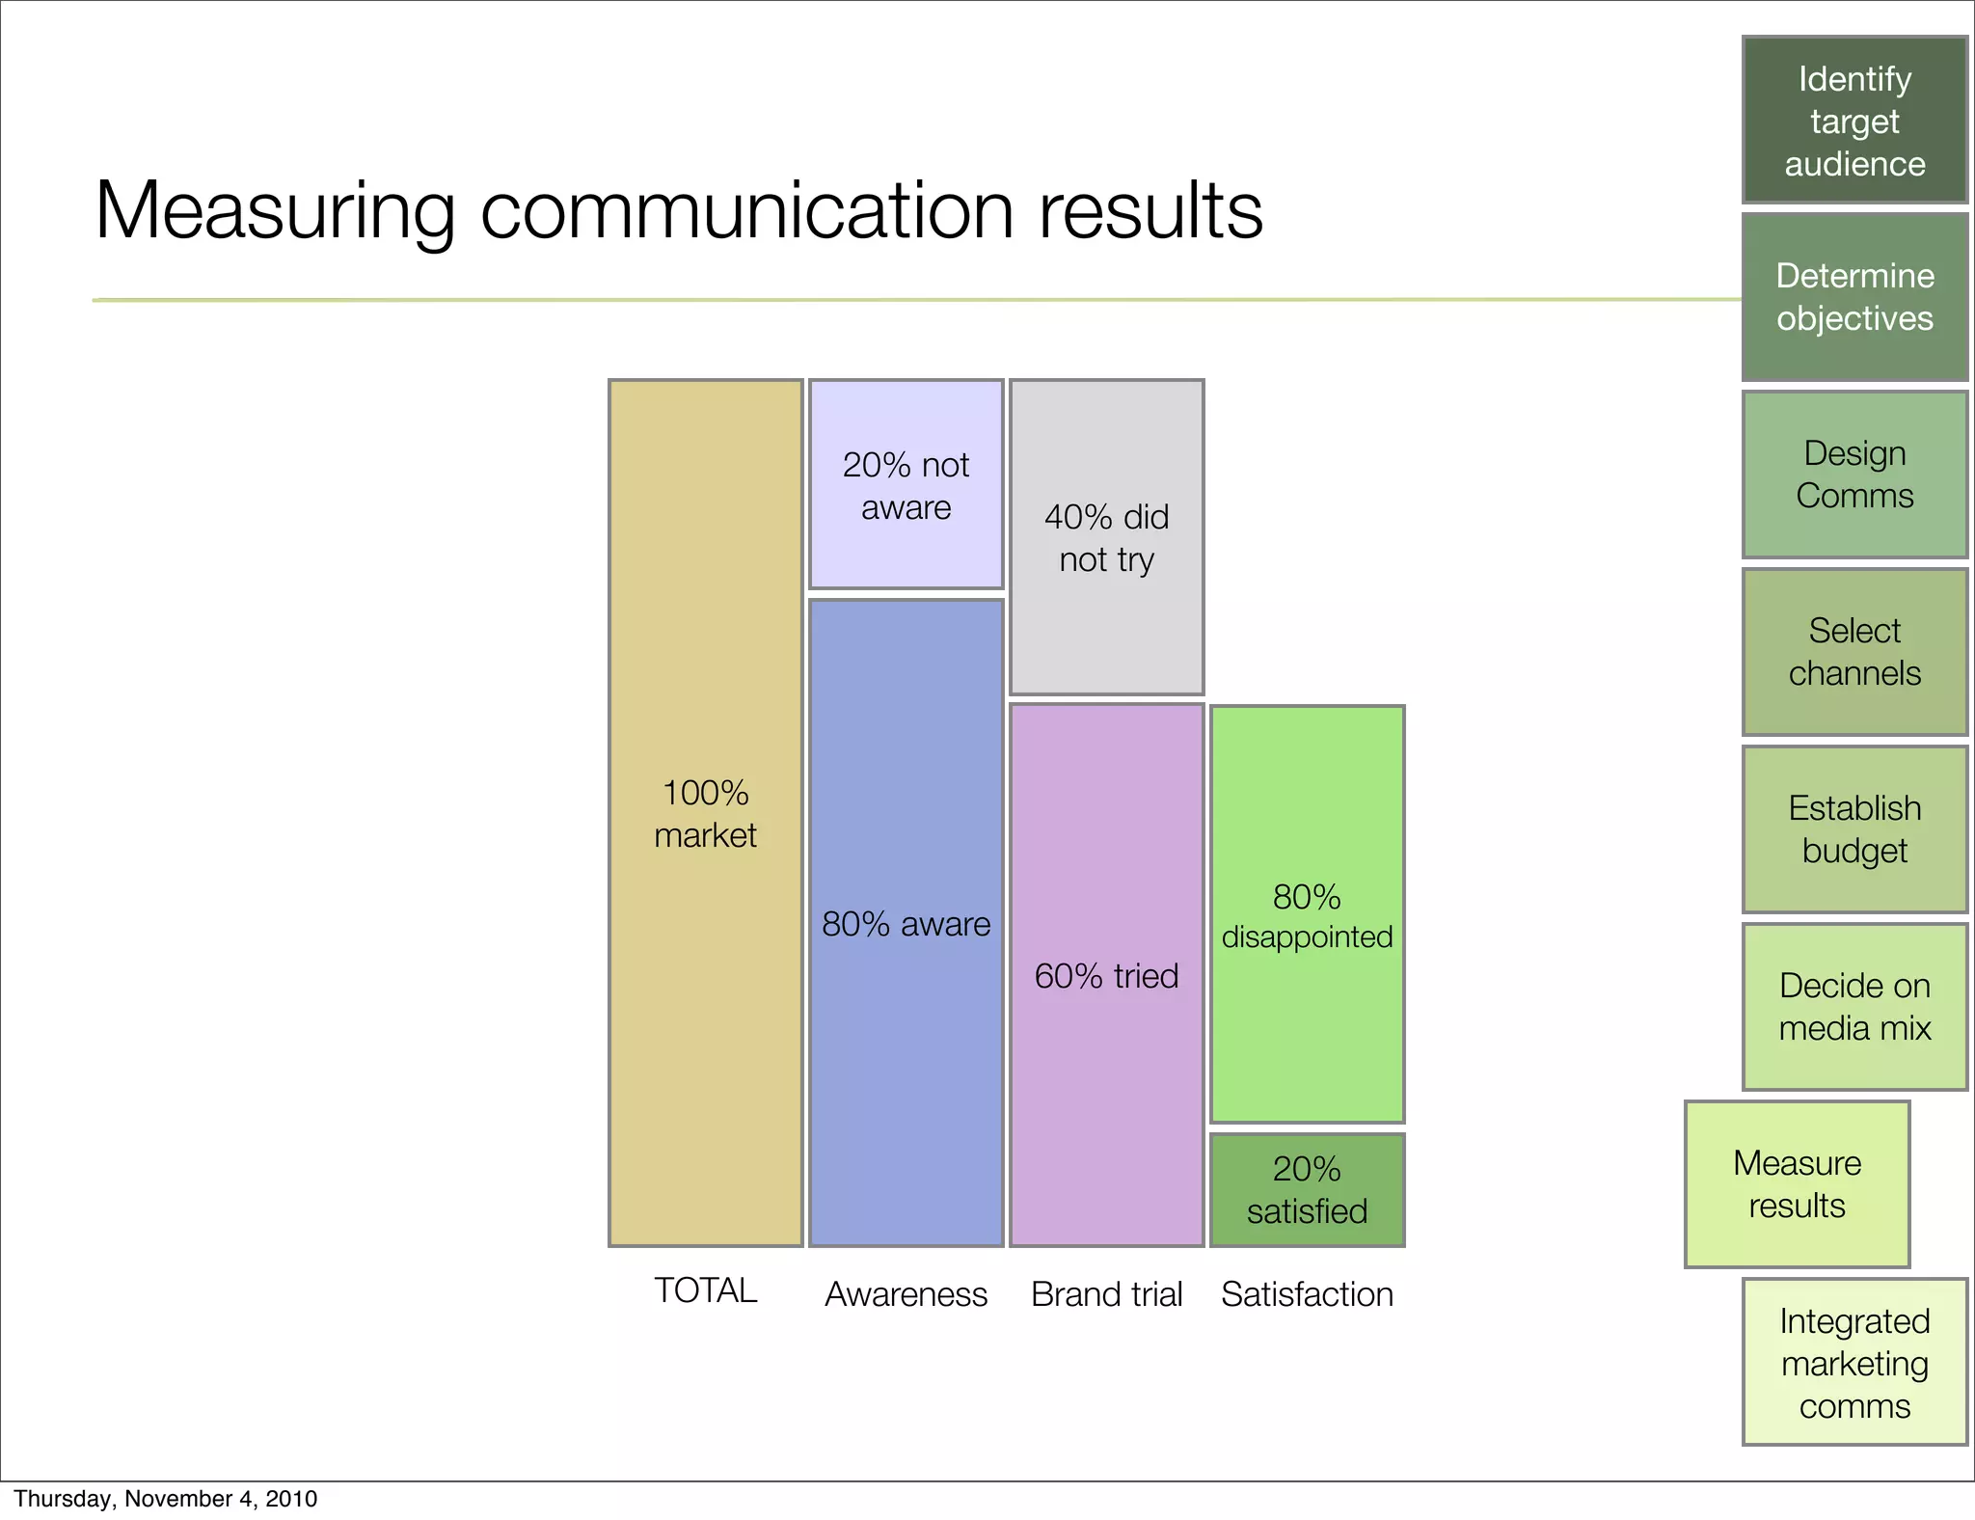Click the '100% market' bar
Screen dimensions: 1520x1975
click(705, 812)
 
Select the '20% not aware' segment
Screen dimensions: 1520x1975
click(906, 484)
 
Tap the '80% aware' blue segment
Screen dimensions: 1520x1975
click(906, 922)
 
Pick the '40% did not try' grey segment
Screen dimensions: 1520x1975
click(1106, 537)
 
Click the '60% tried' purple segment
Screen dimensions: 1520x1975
click(1106, 974)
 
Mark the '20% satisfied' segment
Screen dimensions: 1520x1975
click(1307, 1189)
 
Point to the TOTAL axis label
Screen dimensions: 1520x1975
click(705, 1290)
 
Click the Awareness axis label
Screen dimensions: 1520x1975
click(906, 1294)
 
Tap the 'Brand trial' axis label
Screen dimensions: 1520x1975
click(1106, 1294)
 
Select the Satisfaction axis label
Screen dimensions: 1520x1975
click(1307, 1294)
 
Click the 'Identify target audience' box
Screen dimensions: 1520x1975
click(1854, 121)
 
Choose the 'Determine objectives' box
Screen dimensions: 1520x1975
click(1854, 297)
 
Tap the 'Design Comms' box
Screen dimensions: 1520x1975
click(1854, 475)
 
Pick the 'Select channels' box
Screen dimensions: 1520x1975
click(1854, 652)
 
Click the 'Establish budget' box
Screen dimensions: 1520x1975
click(1854, 829)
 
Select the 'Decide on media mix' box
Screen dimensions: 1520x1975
click(1854, 1007)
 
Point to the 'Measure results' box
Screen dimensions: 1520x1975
click(1797, 1184)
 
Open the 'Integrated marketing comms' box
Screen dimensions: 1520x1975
click(1854, 1362)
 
